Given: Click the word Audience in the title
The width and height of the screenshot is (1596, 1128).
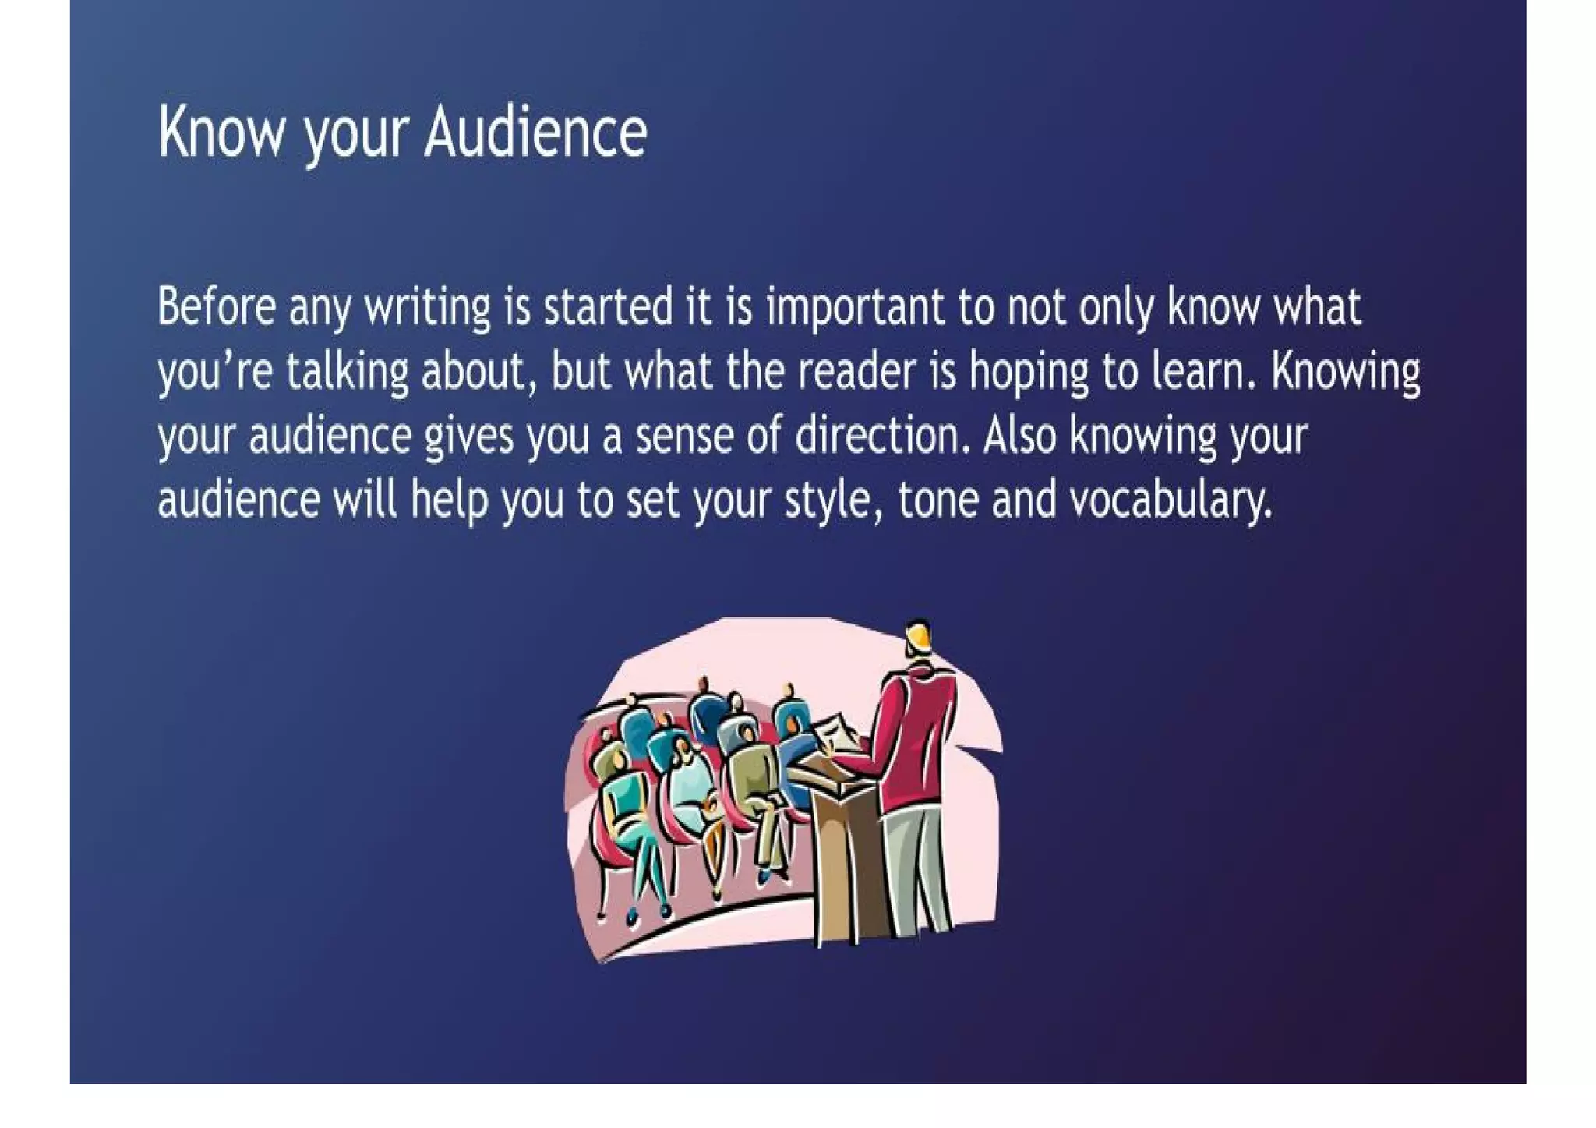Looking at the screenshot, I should coord(535,133).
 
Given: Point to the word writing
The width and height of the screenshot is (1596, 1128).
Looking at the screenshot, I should coord(428,307).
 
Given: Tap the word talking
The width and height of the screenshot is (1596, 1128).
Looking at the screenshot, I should coord(348,372).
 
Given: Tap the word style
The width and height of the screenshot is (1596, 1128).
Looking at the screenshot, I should coord(833,500).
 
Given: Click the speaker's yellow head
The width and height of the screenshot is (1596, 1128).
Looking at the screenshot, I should coord(920,638).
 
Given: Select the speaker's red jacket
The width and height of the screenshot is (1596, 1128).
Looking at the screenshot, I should coord(916,741).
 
